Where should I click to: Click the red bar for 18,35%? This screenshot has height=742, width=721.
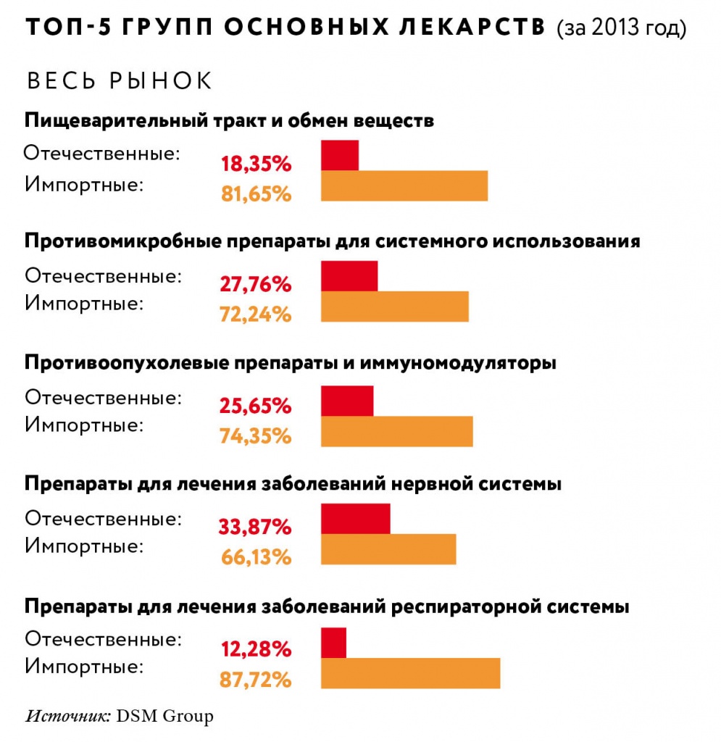[x=340, y=156]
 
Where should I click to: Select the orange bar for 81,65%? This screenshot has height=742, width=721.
[x=404, y=185]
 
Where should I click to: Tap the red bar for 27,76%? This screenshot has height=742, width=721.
[x=349, y=277]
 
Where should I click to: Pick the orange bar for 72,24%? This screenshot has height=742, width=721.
[x=395, y=307]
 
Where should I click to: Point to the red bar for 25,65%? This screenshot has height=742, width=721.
[x=347, y=401]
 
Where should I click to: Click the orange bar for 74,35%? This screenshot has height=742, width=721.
[x=397, y=431]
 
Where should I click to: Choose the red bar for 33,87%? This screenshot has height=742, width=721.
[x=356, y=520]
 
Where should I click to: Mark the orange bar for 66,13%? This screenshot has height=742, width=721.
[x=388, y=549]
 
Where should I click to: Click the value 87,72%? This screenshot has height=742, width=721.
[x=255, y=680]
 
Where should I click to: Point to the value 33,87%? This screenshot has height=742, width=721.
[x=255, y=526]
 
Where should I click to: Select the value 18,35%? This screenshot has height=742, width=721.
[x=255, y=164]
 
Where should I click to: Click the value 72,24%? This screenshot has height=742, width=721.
[x=255, y=314]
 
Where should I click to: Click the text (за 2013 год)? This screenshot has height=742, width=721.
[x=620, y=29]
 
